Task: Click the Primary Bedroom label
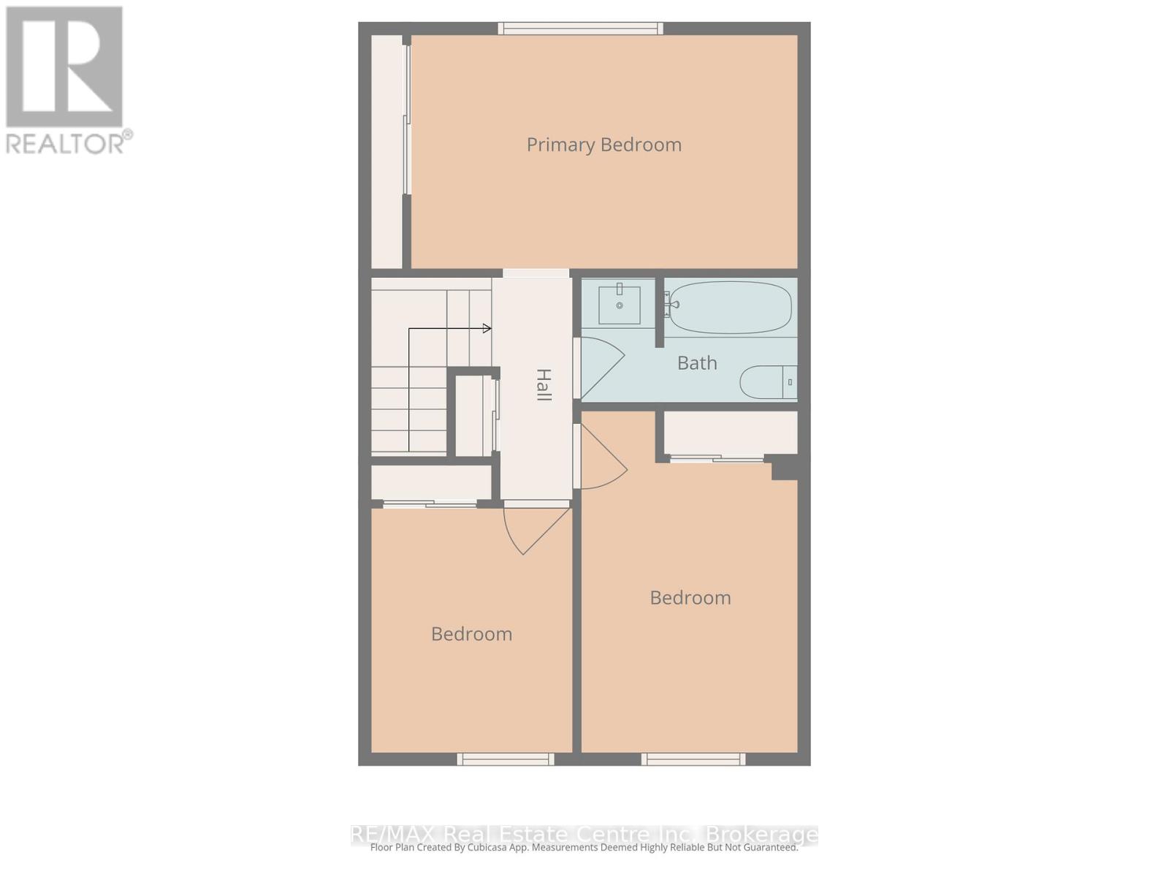(x=603, y=145)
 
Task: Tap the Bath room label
(x=697, y=362)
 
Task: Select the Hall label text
(x=543, y=384)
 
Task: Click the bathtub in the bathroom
(x=730, y=308)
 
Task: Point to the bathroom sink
(x=620, y=305)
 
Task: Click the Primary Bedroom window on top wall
(x=581, y=29)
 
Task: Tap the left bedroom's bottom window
(x=506, y=759)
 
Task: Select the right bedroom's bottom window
(x=693, y=759)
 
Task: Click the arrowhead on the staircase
(x=487, y=329)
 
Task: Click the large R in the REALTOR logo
(x=64, y=67)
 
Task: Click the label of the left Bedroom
(x=471, y=634)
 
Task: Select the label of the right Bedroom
(x=690, y=598)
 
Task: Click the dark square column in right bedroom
(x=785, y=468)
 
